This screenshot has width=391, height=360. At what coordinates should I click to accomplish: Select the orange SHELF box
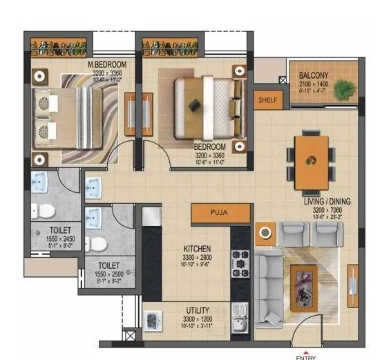point(267,100)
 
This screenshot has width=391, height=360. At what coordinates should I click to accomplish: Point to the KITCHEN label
point(197,249)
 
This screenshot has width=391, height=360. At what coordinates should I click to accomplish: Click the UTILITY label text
point(198,311)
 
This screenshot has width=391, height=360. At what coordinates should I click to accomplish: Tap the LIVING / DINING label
point(327,202)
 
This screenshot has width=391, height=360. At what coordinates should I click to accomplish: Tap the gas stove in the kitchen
point(241,263)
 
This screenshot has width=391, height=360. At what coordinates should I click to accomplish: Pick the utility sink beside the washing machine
point(239,319)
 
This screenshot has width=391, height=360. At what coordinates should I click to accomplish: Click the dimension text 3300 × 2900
point(197,256)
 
